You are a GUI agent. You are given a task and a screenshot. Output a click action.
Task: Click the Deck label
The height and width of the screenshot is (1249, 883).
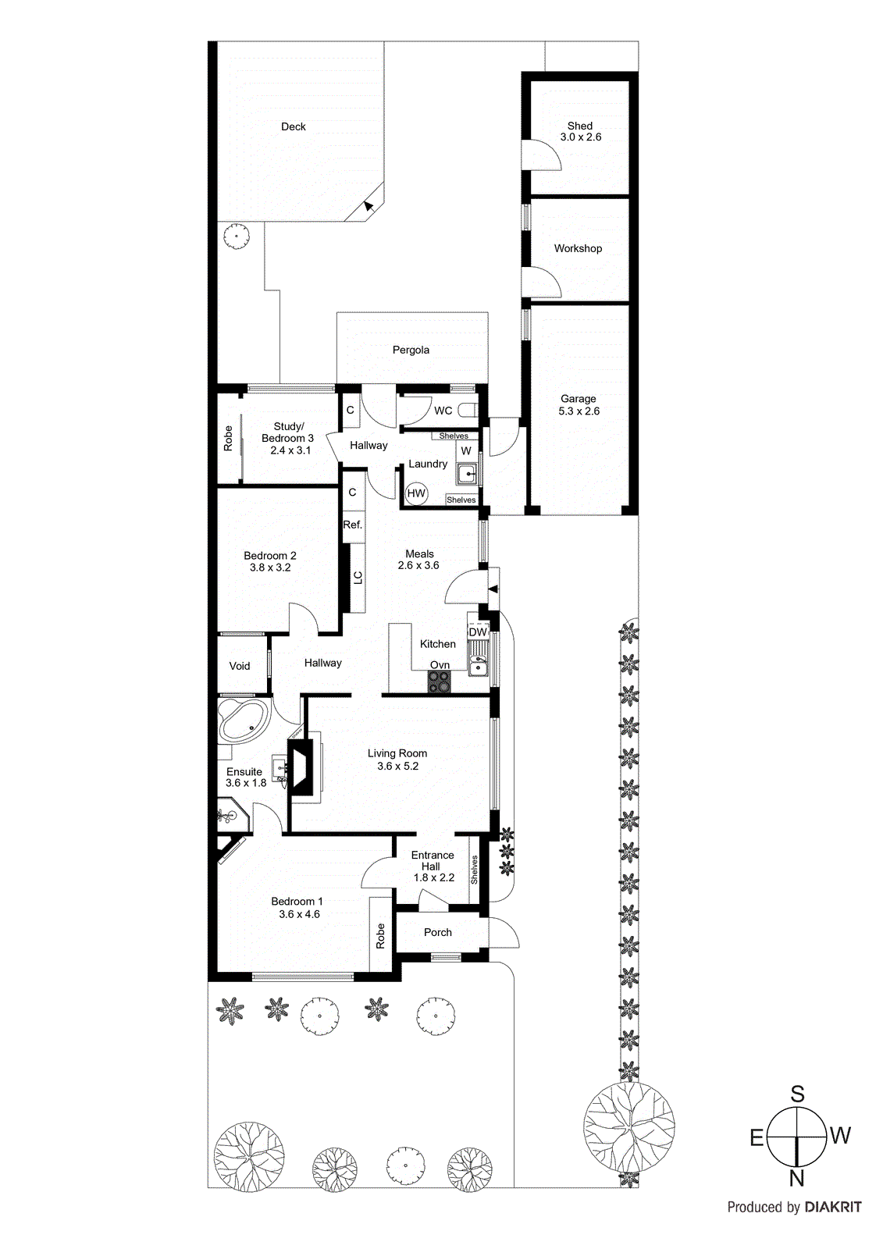294,126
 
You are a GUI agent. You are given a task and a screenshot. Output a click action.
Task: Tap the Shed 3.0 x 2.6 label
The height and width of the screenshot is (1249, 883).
580,131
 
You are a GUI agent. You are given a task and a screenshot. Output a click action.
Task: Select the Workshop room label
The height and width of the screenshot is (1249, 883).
578,248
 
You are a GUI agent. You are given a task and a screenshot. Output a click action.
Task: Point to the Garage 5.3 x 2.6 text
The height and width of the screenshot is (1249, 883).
579,404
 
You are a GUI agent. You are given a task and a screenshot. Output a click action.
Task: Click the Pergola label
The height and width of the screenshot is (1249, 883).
411,350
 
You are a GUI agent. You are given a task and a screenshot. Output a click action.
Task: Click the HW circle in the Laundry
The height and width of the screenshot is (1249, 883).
416,493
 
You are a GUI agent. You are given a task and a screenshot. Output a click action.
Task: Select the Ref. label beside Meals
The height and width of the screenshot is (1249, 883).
353,525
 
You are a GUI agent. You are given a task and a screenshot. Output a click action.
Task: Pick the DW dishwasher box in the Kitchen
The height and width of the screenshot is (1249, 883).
478,632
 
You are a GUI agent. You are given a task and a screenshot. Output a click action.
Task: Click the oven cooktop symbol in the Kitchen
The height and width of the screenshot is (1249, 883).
440,682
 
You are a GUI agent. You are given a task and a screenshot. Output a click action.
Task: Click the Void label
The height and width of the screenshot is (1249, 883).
240,666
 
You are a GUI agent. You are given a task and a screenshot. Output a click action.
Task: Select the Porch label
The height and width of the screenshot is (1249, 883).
438,932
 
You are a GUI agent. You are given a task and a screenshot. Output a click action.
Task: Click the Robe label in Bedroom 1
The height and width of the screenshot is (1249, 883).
381,935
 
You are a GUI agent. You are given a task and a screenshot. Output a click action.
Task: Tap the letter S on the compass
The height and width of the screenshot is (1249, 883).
797,1094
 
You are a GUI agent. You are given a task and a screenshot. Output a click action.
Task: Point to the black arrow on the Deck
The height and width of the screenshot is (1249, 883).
369,205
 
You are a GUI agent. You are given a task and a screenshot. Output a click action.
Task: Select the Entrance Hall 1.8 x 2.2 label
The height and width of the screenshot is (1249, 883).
433,866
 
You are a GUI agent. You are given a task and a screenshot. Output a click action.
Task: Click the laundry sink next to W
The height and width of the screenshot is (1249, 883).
468,474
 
